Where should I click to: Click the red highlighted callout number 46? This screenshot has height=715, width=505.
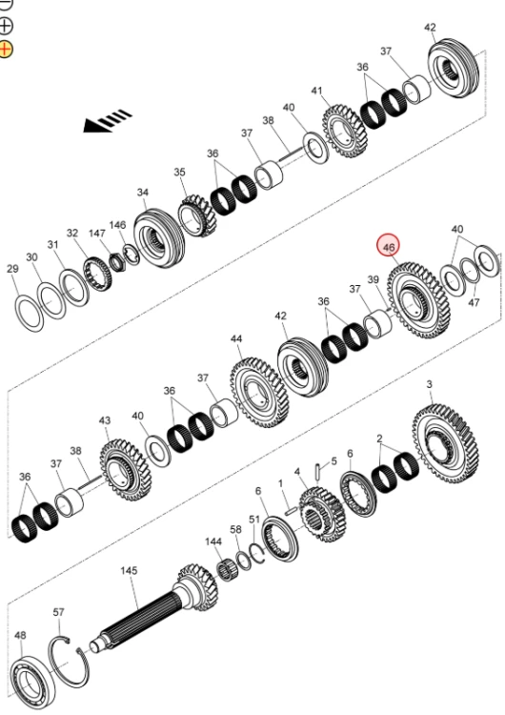388,246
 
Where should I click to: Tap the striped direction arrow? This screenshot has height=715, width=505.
107,121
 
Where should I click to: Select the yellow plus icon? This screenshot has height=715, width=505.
6,48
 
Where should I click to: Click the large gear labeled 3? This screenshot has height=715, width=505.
446,443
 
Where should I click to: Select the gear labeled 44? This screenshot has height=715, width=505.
259,393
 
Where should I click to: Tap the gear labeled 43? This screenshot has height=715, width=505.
125,470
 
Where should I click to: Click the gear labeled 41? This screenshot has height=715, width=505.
346,131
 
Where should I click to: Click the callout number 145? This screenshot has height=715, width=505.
129,570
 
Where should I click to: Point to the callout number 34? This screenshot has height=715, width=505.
143,193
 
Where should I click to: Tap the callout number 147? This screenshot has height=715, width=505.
97,233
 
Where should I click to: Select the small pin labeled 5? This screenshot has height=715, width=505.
318,472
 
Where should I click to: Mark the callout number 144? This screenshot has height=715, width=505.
213,541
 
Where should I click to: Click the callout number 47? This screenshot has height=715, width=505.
474,302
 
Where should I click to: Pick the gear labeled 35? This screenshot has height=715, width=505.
197,215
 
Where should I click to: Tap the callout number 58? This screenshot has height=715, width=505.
235,529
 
